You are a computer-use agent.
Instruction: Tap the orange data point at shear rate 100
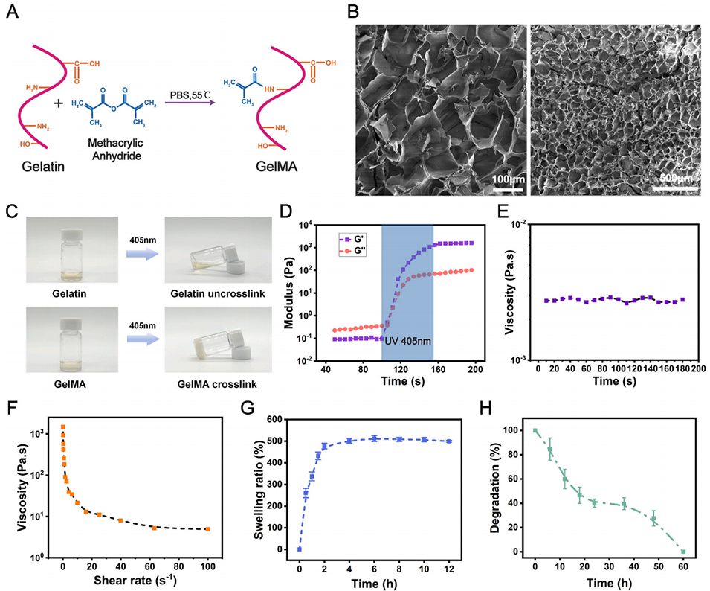click(x=207, y=529)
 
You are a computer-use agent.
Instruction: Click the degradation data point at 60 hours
click(x=682, y=552)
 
